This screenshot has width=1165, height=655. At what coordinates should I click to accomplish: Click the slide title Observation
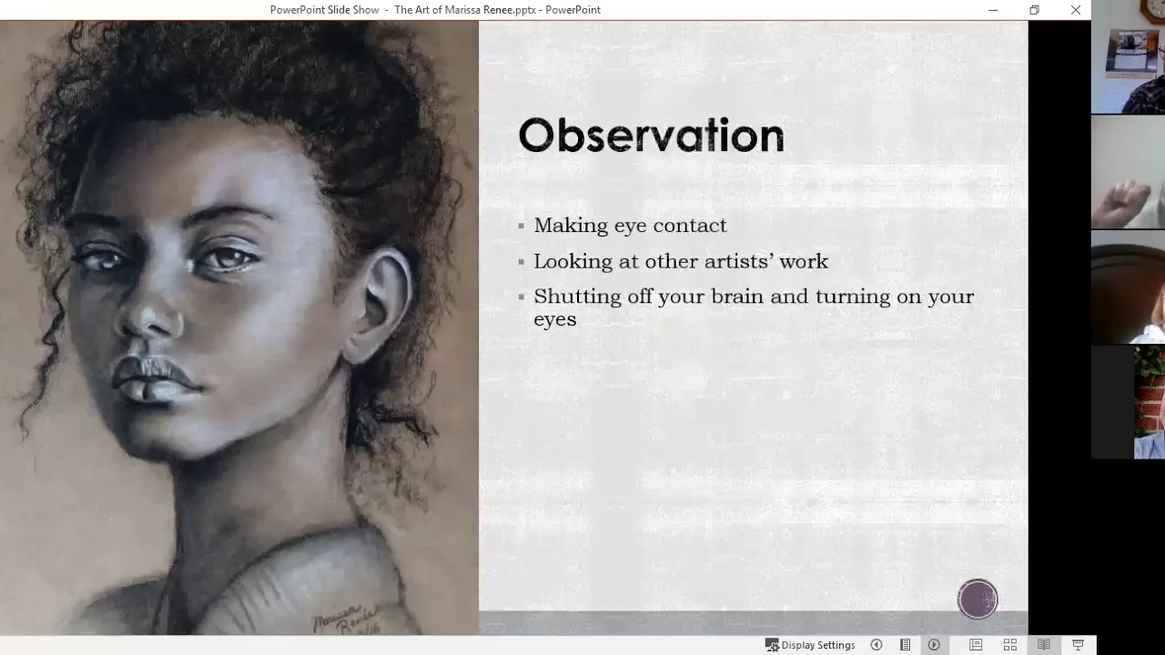click(651, 136)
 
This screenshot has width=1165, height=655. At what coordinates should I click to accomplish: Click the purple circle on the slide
click(978, 599)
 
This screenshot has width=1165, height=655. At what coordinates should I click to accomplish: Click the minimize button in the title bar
click(993, 10)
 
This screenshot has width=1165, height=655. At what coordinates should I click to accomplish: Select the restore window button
click(1035, 10)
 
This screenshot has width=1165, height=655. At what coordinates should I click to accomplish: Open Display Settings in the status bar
click(810, 645)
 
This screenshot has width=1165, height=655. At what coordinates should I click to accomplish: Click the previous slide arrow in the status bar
click(876, 645)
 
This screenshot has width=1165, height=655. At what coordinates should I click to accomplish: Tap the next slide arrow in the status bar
click(934, 645)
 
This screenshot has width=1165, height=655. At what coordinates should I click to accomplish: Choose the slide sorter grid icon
click(1010, 645)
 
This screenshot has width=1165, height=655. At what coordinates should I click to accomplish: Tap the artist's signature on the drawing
click(347, 620)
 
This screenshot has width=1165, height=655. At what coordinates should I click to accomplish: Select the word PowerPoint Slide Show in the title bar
click(325, 10)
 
